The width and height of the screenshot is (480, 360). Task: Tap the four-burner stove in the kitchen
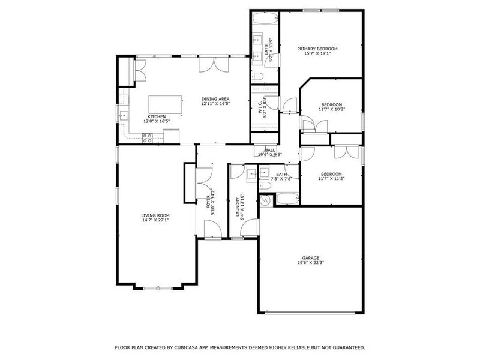click(147, 137)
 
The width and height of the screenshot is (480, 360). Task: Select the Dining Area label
click(215, 99)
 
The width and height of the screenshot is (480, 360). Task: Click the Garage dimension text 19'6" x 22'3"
click(311, 262)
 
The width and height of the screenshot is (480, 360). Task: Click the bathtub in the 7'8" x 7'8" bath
click(284, 198)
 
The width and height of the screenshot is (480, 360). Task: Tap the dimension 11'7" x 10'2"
click(331, 109)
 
